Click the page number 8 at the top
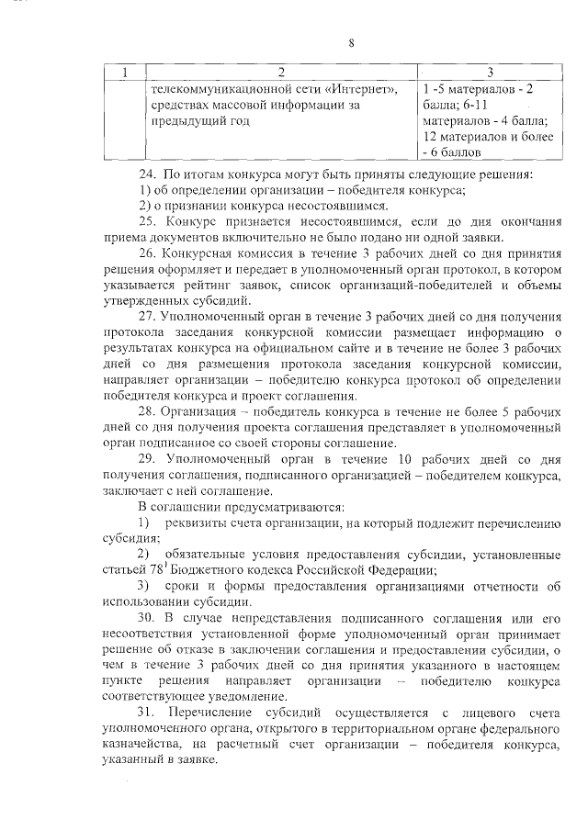(x=352, y=41)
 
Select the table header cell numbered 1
(x=125, y=72)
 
